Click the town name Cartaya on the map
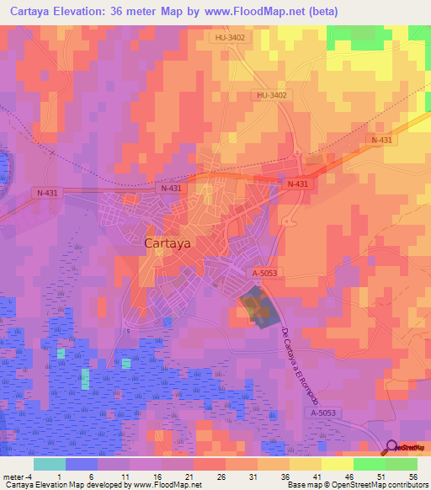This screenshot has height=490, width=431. click(x=168, y=242)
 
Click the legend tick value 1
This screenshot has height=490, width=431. click(x=61, y=476)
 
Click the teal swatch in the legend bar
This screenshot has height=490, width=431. click(x=50, y=464)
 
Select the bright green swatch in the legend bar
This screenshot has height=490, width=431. click(x=369, y=464)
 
